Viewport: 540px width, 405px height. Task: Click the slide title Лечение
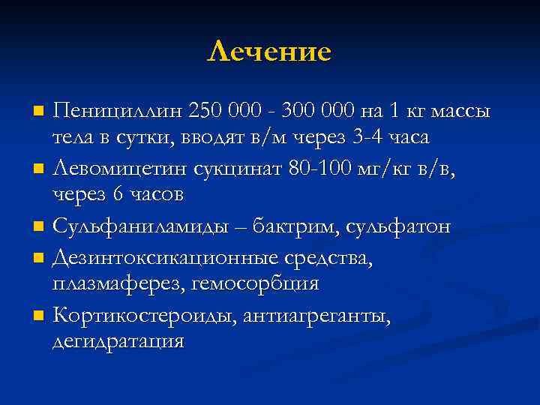[x=269, y=51]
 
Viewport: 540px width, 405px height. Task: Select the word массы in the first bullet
[x=459, y=111]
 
